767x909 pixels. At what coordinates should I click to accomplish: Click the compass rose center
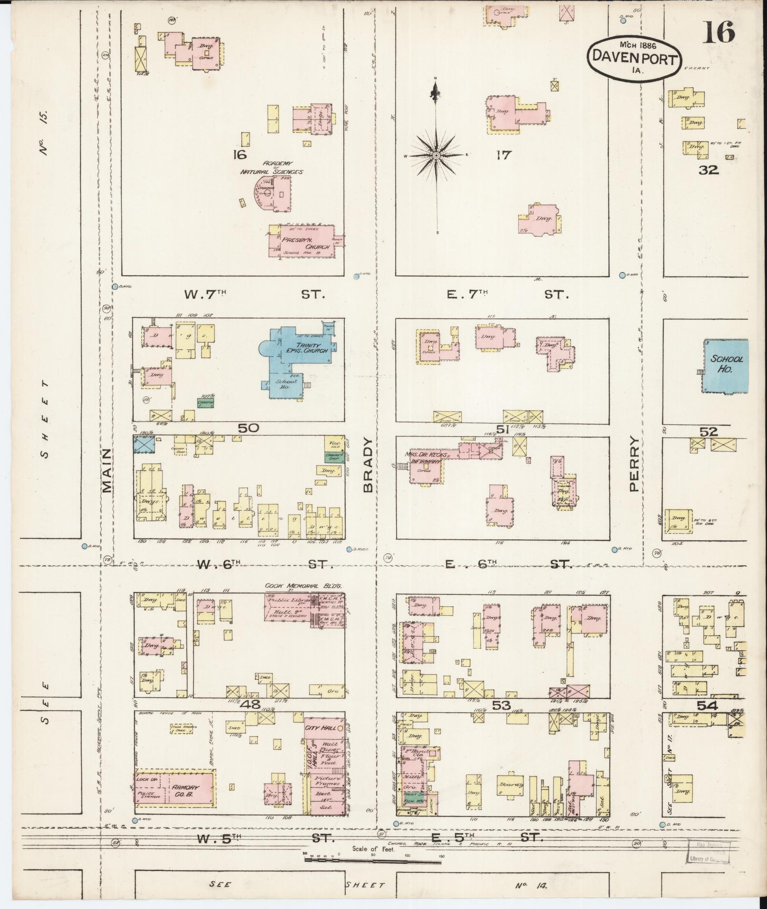coord(436,155)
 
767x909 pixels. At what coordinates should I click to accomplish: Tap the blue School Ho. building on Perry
coord(726,365)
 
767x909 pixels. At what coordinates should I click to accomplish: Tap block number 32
coord(708,170)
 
